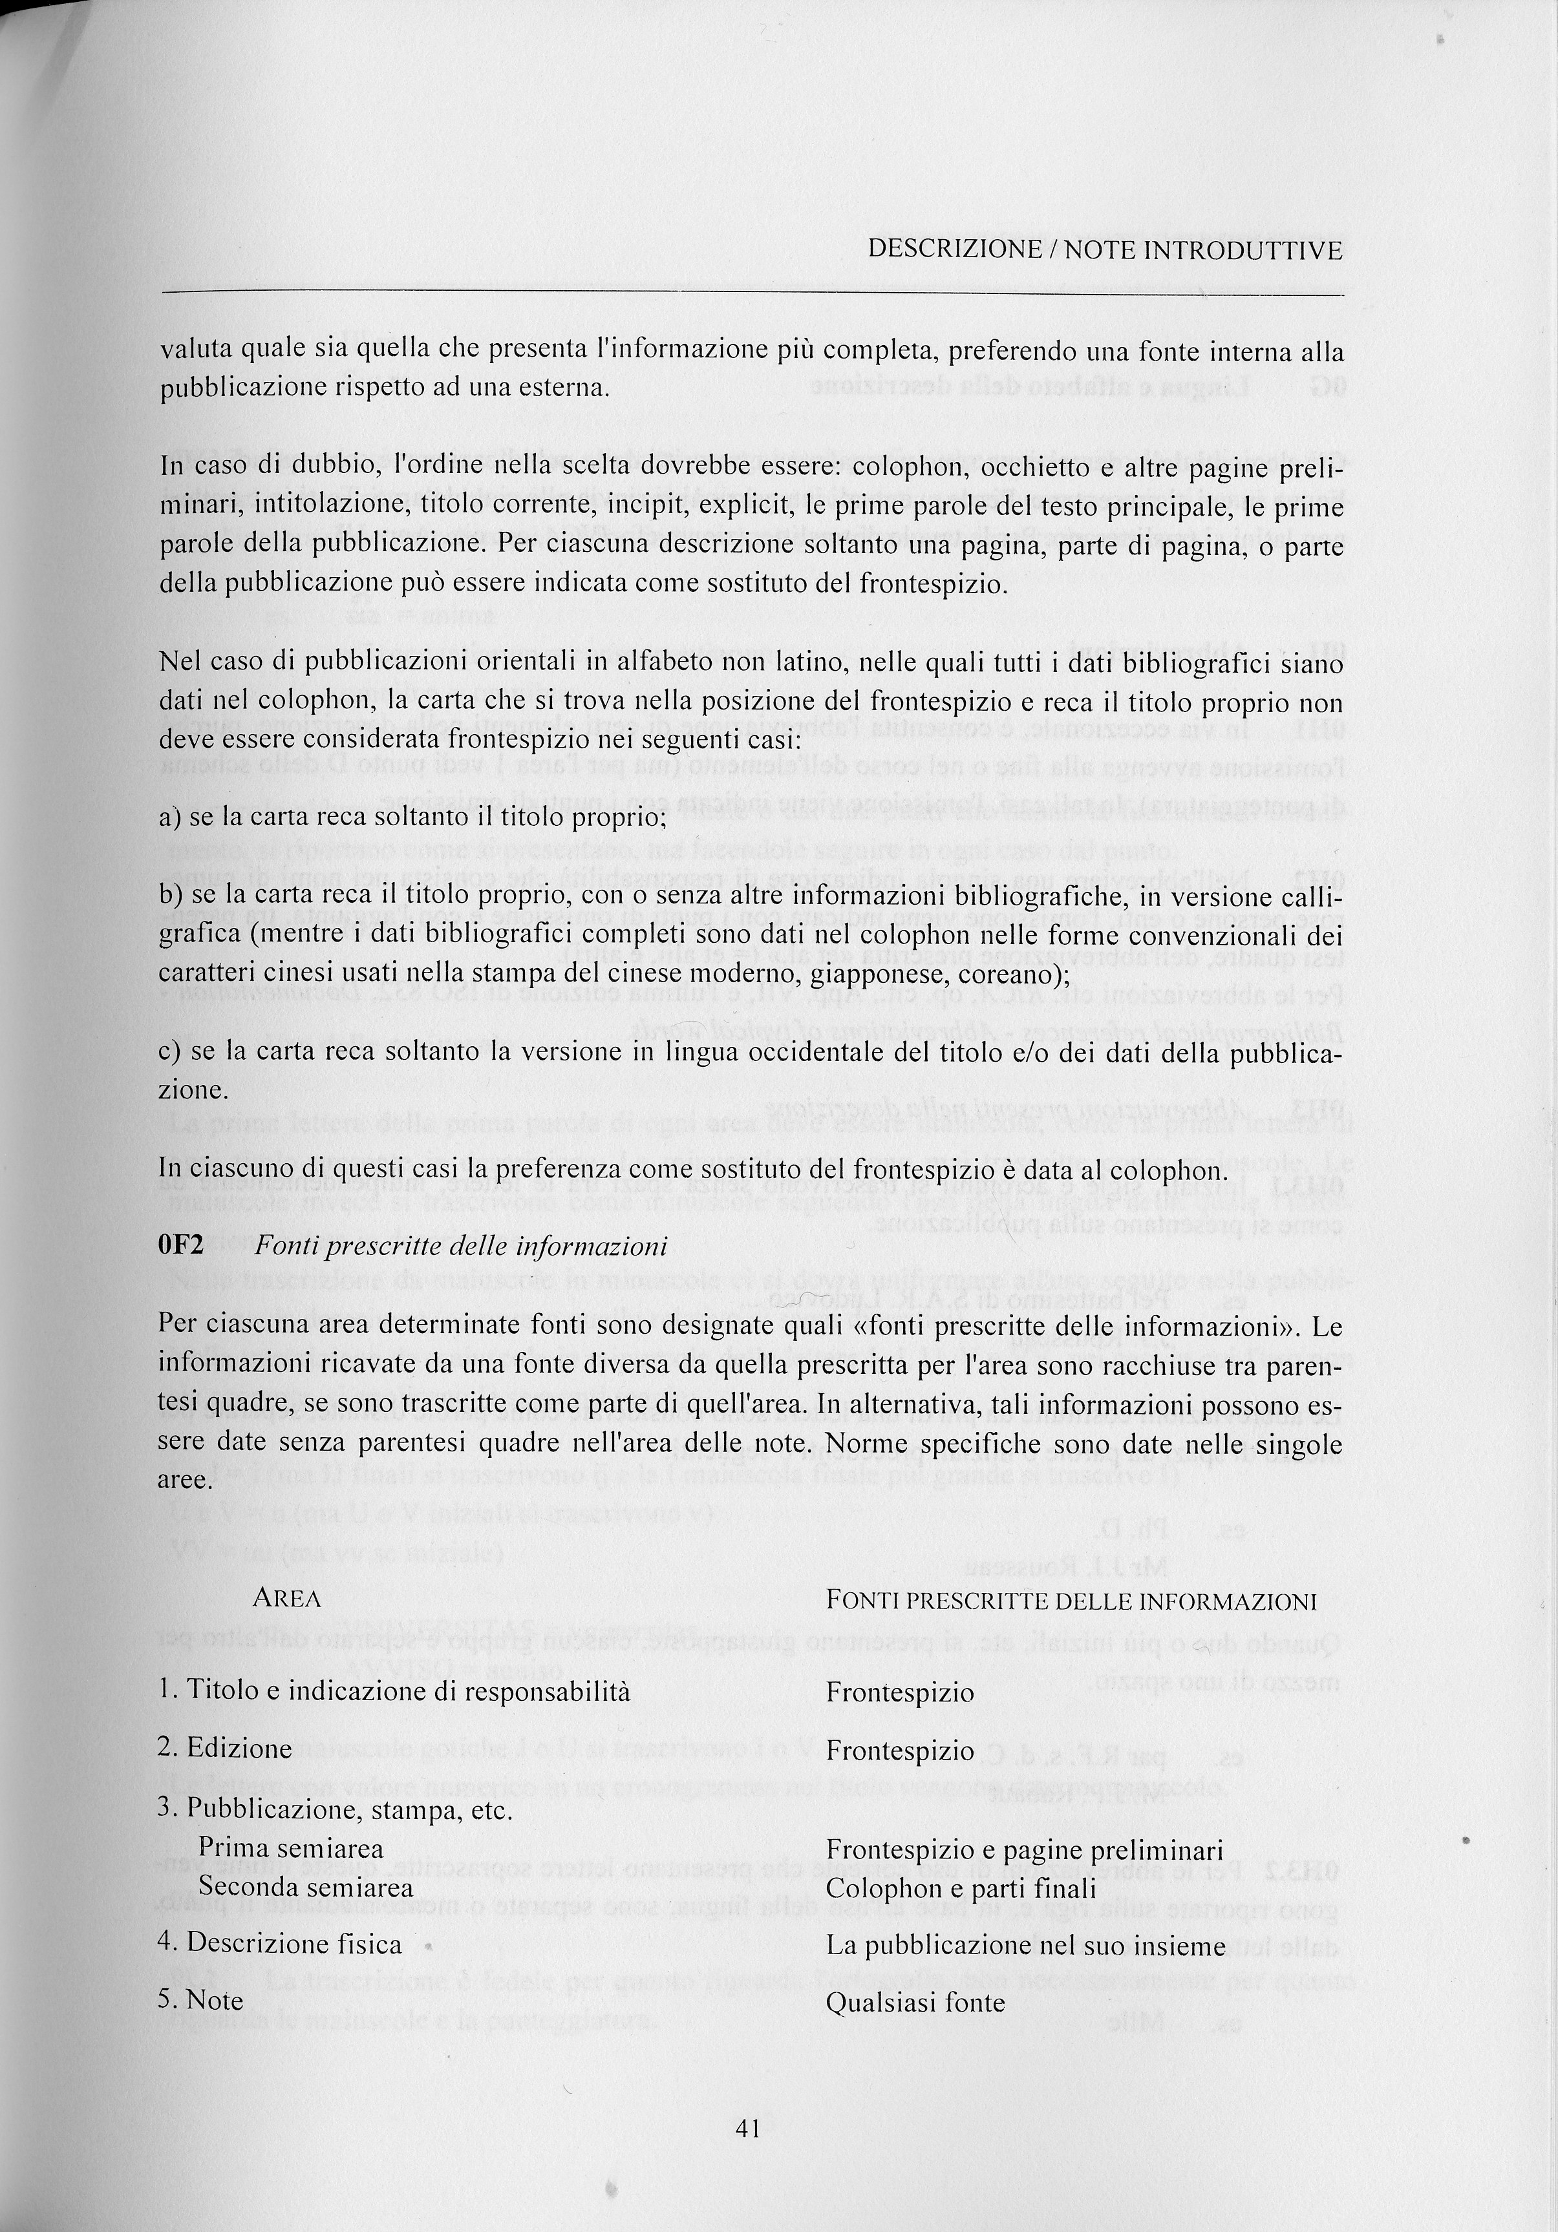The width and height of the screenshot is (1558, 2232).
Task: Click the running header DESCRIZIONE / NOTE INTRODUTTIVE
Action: pyautogui.click(x=1105, y=250)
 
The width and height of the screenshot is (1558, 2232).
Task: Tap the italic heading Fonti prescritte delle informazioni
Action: pyautogui.click(x=461, y=1247)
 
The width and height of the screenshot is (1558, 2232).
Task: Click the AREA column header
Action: pyautogui.click(x=287, y=1599)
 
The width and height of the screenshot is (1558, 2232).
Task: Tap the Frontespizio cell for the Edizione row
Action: pyautogui.click(x=900, y=1751)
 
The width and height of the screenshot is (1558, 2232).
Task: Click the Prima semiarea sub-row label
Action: pyautogui.click(x=291, y=1849)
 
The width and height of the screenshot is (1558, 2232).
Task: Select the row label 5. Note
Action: pyautogui.click(x=200, y=2001)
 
